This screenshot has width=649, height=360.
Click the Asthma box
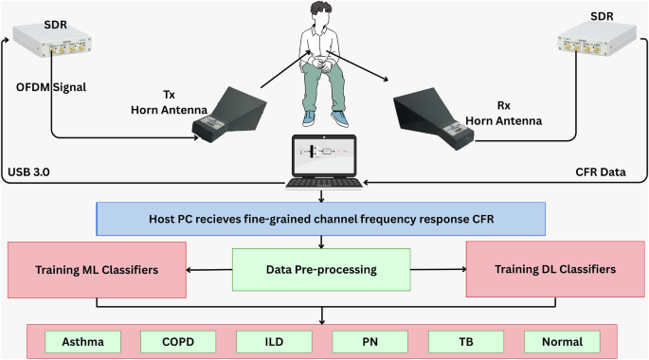83,341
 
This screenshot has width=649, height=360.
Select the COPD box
179,341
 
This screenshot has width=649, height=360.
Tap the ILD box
274,341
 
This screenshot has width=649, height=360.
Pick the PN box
370,341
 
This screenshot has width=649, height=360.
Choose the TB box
466,341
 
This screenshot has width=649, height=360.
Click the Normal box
563,341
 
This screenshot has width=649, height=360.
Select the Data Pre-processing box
321,269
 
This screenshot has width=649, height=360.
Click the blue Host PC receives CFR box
321,220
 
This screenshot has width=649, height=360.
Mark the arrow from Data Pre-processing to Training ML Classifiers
207,269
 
